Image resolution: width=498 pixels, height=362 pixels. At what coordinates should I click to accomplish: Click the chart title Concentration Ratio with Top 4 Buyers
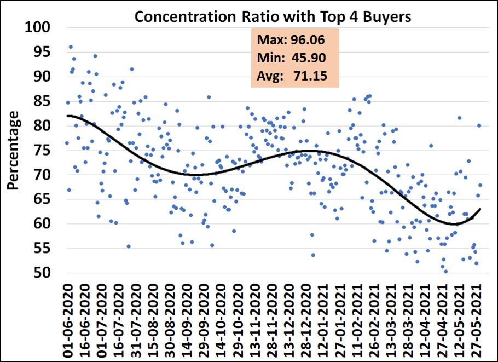(273, 17)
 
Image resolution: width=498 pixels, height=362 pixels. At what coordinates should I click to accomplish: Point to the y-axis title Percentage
(15, 150)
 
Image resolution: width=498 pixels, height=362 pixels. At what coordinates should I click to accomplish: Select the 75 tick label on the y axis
(44, 150)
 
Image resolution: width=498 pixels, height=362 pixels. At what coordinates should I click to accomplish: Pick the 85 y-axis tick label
(44, 101)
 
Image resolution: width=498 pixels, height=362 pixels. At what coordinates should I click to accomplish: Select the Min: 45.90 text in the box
(291, 58)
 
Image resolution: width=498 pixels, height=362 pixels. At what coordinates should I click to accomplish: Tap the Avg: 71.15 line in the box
(291, 76)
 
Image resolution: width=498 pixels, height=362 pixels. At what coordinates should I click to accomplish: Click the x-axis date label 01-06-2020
(69, 318)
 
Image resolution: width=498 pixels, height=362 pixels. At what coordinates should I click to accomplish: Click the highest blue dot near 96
(71, 47)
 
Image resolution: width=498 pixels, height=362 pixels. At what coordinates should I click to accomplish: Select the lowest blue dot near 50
(445, 271)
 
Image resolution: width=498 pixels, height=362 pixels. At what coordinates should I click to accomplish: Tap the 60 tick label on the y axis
(44, 224)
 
